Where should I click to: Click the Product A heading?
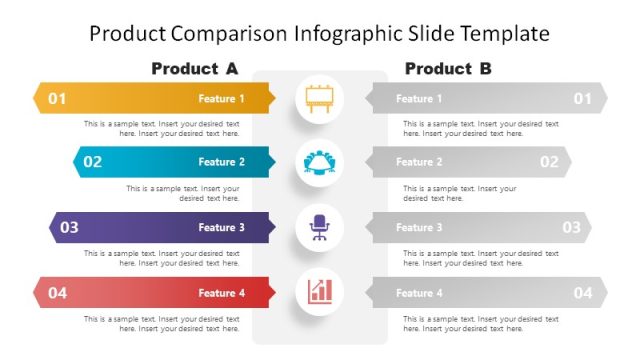pyautogui.click(x=195, y=69)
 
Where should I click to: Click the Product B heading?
pyautogui.click(x=448, y=69)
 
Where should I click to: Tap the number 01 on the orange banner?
pyautogui.click(x=57, y=98)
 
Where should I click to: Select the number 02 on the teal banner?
pyautogui.click(x=92, y=162)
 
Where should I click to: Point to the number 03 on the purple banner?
pyautogui.click(x=69, y=227)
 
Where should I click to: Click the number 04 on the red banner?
pyautogui.click(x=57, y=293)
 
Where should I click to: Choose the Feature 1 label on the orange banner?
pyautogui.click(x=221, y=99)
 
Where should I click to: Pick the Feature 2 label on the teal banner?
pyautogui.click(x=221, y=162)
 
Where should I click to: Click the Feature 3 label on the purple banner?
pyautogui.click(x=221, y=228)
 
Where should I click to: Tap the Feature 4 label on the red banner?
pyautogui.click(x=221, y=293)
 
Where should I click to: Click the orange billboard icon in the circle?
pyautogui.click(x=319, y=99)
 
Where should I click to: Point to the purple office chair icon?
pyautogui.click(x=319, y=227)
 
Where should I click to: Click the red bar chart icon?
pyautogui.click(x=319, y=292)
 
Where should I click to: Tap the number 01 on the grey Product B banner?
pyautogui.click(x=582, y=98)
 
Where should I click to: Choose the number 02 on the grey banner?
pyautogui.click(x=549, y=162)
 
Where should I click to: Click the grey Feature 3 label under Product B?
pyautogui.click(x=418, y=228)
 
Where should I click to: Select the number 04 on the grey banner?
pyautogui.click(x=582, y=293)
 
